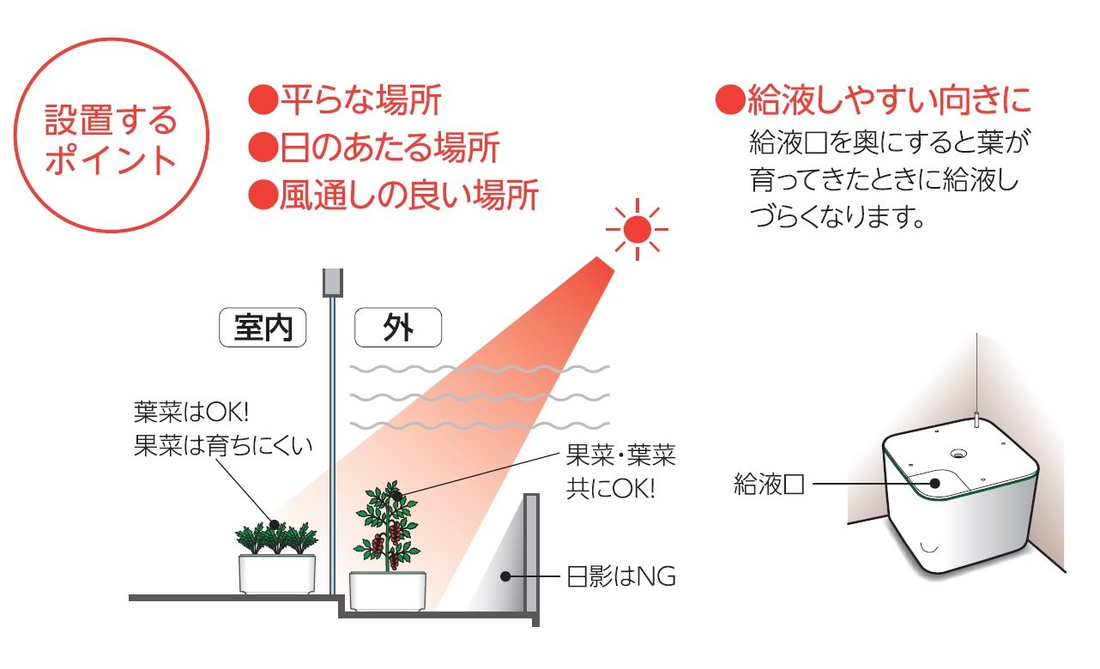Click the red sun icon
[x=637, y=229]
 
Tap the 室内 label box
[x=263, y=328]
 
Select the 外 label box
[x=398, y=328]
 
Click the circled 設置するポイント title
[x=111, y=140]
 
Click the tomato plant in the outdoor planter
[x=386, y=523]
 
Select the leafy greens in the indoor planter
[x=276, y=536]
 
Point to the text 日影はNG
[x=621, y=576]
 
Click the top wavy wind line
[x=480, y=369]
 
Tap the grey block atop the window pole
[x=332, y=282]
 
